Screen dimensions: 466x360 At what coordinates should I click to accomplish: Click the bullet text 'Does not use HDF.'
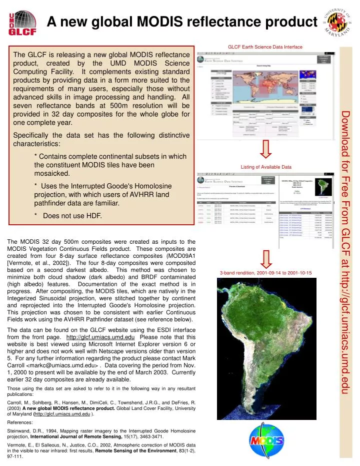click(72, 230)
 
